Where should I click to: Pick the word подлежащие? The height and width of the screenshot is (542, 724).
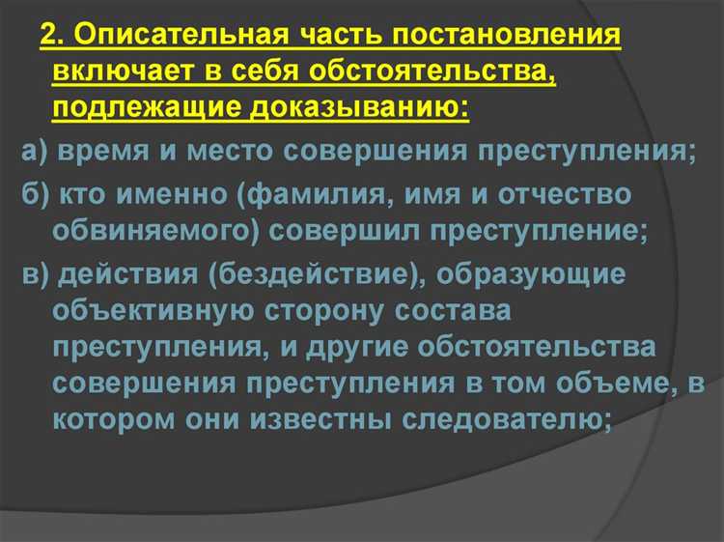tap(149, 104)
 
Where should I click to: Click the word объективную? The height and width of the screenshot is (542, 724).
tap(151, 310)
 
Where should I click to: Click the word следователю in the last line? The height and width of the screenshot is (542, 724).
tap(532, 417)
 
